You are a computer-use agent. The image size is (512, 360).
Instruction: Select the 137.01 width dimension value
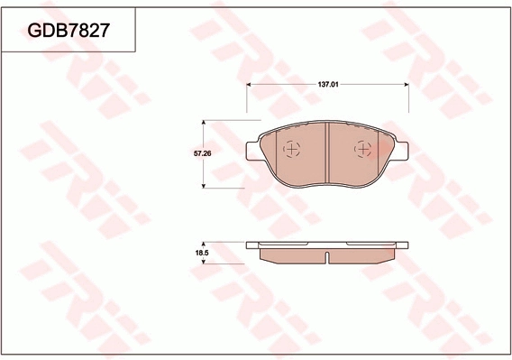[x=327, y=83]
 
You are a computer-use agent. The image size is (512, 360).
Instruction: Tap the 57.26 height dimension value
[x=203, y=154]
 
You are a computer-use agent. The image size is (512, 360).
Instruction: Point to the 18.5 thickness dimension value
[x=203, y=254]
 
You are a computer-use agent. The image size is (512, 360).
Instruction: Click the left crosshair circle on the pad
[x=290, y=150]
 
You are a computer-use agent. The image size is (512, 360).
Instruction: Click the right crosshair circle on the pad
[x=362, y=150]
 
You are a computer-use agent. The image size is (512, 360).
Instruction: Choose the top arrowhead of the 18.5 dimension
[x=203, y=244]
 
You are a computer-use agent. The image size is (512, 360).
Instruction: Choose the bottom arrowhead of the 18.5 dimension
[x=203, y=262]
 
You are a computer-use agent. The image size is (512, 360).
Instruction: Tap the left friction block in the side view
[x=290, y=255]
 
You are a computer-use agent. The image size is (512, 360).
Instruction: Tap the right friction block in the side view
[x=362, y=255]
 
